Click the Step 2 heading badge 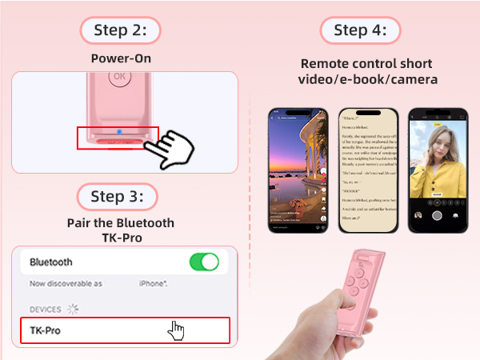[x=120, y=31]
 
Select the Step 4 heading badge [x=360, y=31]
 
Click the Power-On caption [x=121, y=58]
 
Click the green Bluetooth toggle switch [x=204, y=262]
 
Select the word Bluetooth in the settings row [x=51, y=262]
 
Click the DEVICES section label [x=46, y=309]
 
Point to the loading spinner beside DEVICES [x=74, y=309]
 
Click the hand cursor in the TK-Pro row [x=177, y=330]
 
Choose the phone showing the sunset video [x=299, y=170]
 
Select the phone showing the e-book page [x=369, y=170]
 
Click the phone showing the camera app [x=437, y=170]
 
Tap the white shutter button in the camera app [x=437, y=214]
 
